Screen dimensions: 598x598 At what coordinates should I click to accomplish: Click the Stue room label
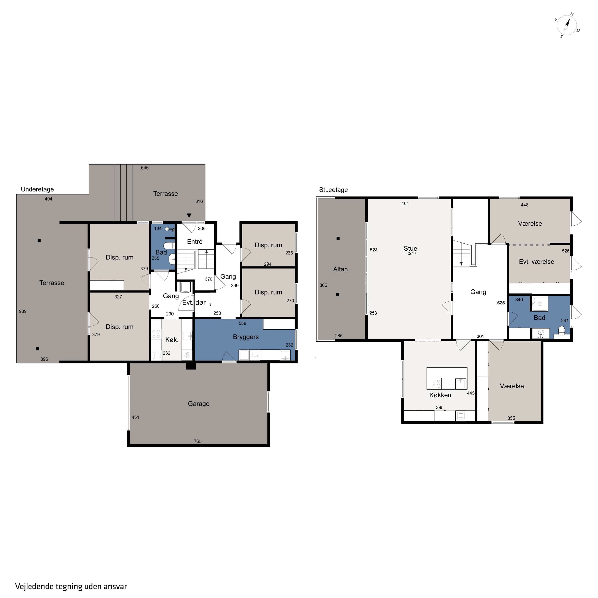click(x=410, y=248)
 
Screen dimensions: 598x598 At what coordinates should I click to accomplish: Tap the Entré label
click(x=195, y=241)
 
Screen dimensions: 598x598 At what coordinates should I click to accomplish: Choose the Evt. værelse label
click(x=536, y=262)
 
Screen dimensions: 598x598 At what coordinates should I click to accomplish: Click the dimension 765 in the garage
click(x=198, y=441)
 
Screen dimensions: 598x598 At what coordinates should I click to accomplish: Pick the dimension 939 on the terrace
click(x=23, y=311)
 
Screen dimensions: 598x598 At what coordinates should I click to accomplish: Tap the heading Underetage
click(x=37, y=189)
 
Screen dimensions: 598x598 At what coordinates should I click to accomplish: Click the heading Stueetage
click(x=333, y=190)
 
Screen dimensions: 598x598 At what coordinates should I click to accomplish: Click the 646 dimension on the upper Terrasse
click(x=145, y=168)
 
